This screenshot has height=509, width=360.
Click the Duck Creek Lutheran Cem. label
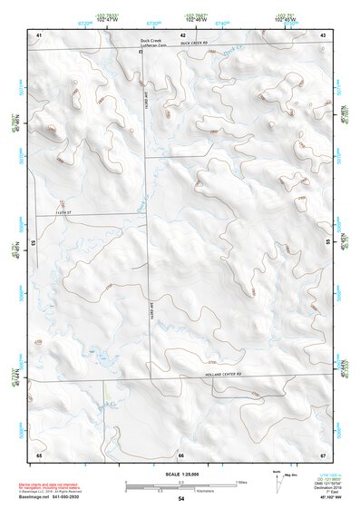coord(155,42)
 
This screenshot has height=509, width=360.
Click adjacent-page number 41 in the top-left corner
coord(39,34)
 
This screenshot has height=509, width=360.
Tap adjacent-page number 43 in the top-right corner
coord(323,34)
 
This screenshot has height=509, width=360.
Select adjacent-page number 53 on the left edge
coord(34,243)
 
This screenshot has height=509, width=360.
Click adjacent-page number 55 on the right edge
coord(327,243)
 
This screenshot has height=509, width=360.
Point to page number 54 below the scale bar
coord(181,498)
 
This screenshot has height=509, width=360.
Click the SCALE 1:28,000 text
coord(180,473)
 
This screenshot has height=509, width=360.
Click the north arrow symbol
coord(275,480)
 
